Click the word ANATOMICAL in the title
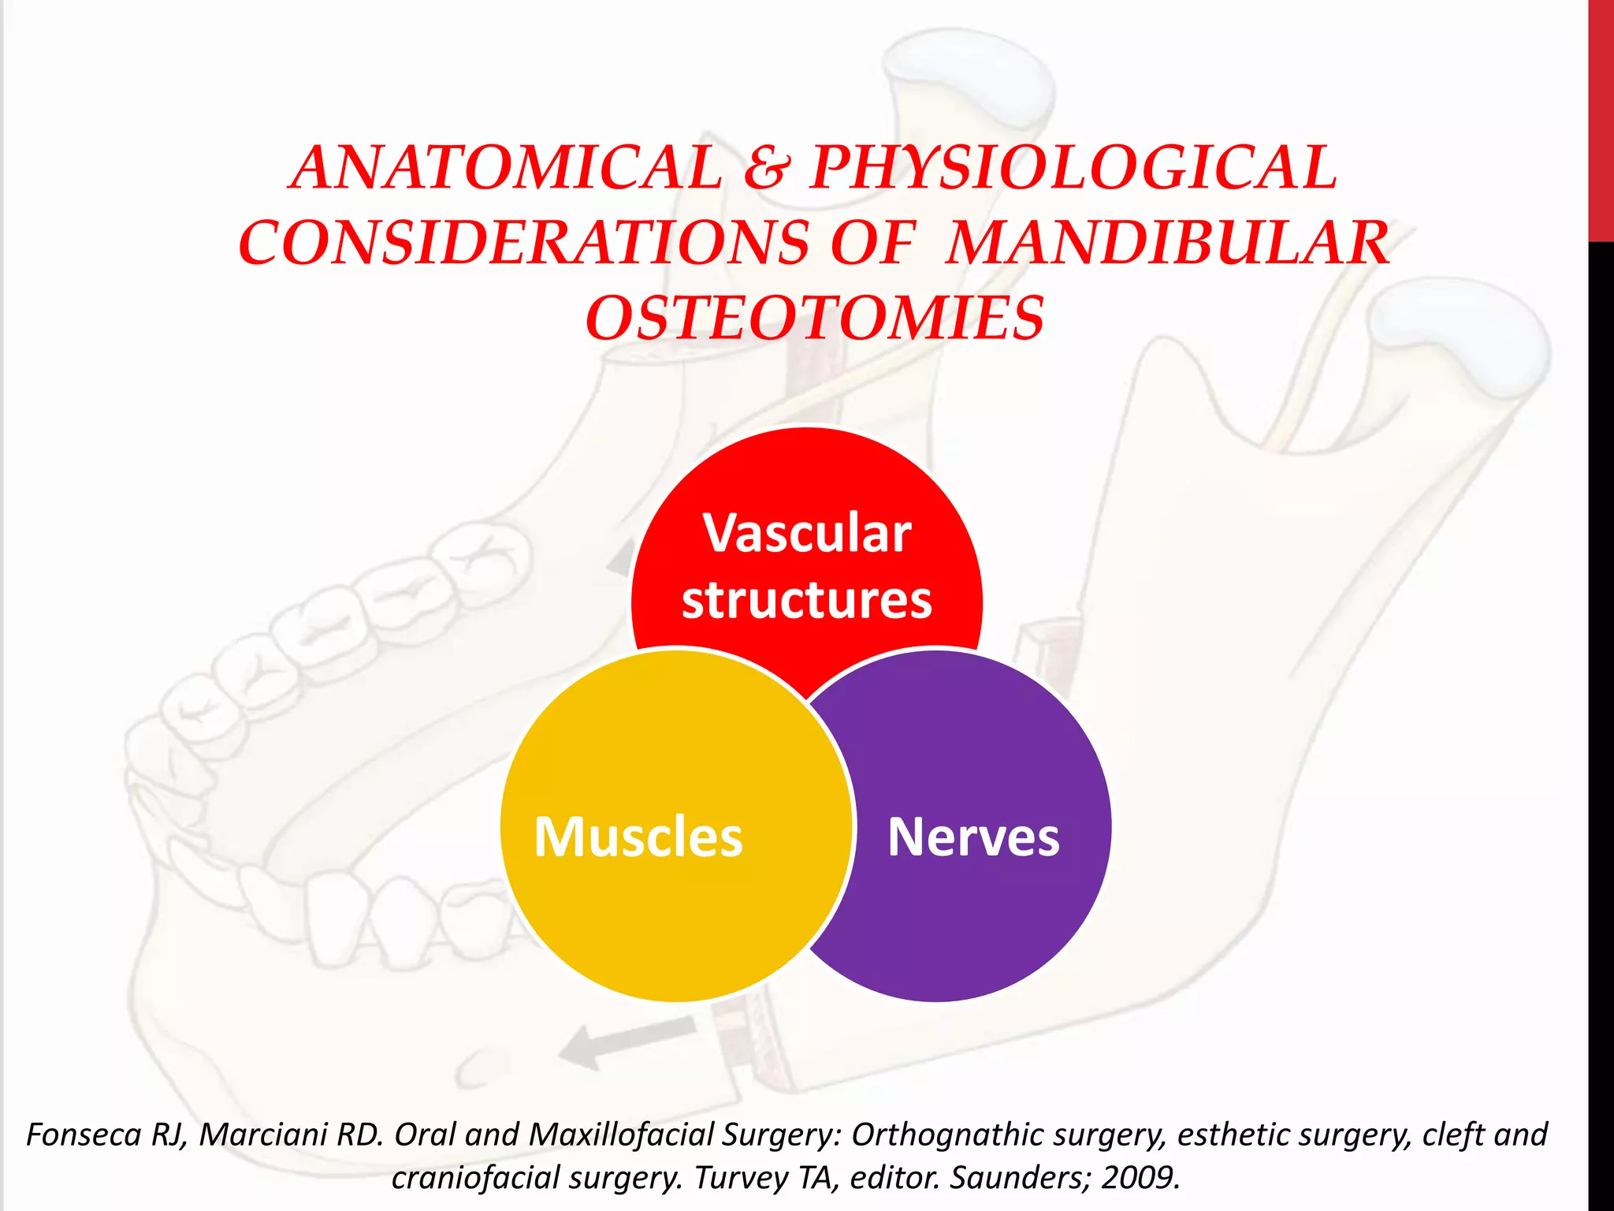[x=505, y=168]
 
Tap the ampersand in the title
[x=766, y=168]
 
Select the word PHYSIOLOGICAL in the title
[x=1073, y=168]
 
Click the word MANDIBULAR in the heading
[x=1167, y=243]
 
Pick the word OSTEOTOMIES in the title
[x=815, y=319]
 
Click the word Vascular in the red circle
[x=807, y=534]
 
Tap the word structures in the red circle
[x=807, y=601]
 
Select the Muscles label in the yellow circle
[x=638, y=837]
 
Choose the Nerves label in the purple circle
[x=973, y=837]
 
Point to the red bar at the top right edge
[x=1601, y=118]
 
